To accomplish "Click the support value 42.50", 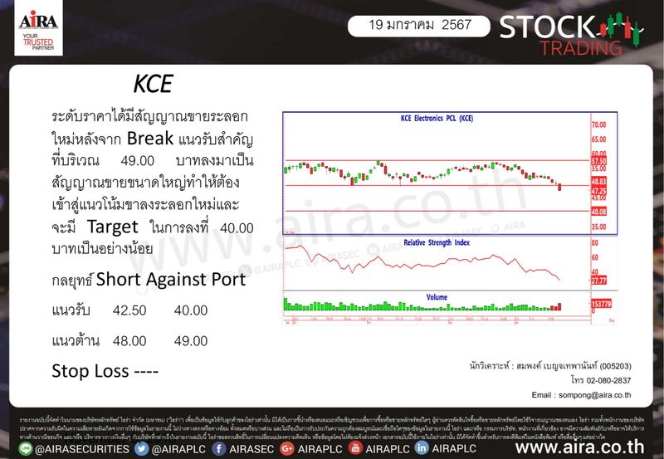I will pyautogui.click(x=129, y=310).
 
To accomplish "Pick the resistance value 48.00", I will pyautogui.click(x=129, y=340).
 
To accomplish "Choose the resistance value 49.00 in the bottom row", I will pyautogui.click(x=190, y=340).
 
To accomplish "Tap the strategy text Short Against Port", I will pyautogui.click(x=171, y=279).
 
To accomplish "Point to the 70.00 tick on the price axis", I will pyautogui.click(x=599, y=125).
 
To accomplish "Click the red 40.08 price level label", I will pyautogui.click(x=599, y=212).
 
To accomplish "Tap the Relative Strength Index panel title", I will pyautogui.click(x=437, y=242).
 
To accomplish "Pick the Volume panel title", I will pyautogui.click(x=437, y=297).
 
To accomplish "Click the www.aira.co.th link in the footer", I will pyautogui.click(x=584, y=448).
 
